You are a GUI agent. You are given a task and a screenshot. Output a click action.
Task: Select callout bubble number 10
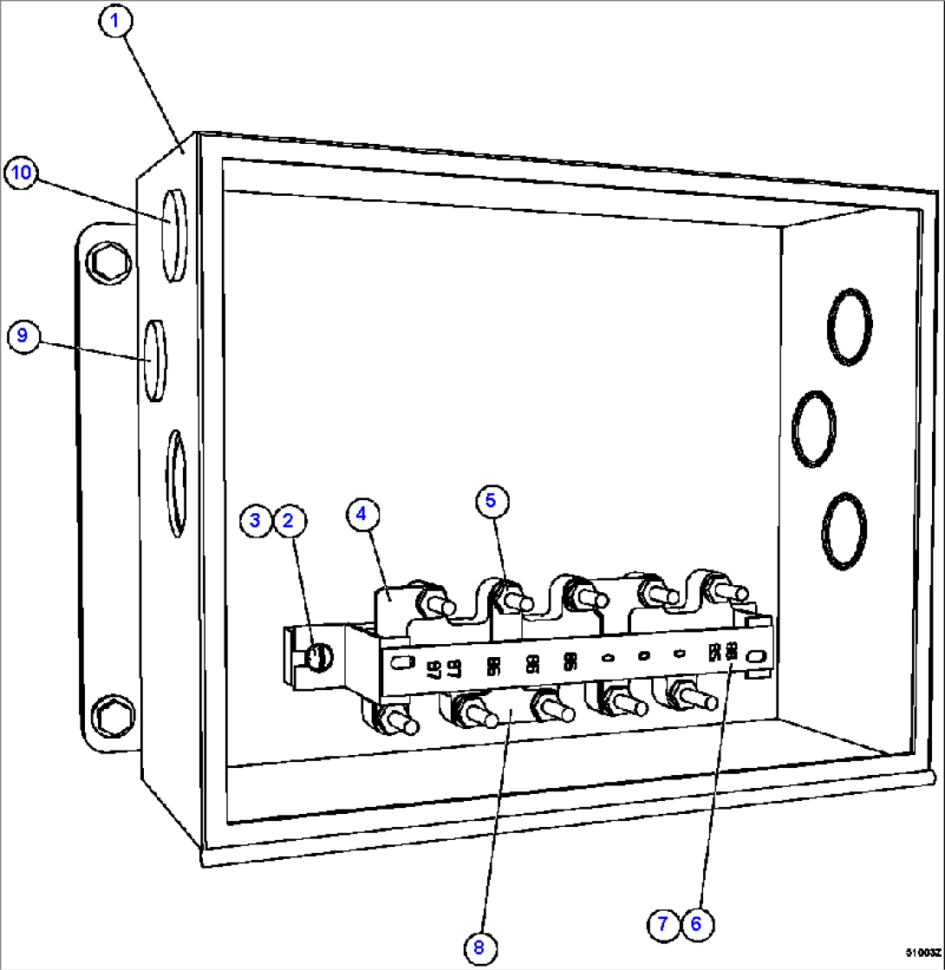(21, 173)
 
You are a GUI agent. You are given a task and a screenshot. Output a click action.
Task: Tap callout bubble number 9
(25, 335)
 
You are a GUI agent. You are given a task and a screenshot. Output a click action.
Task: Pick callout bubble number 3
(256, 520)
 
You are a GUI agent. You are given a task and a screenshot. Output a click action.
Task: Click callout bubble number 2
(290, 520)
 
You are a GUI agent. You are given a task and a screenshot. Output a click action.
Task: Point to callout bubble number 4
(363, 514)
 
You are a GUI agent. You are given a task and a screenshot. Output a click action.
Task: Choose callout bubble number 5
(491, 500)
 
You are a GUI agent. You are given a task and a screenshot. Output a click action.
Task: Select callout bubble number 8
(479, 947)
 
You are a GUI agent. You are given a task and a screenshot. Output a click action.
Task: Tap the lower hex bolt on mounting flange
(108, 715)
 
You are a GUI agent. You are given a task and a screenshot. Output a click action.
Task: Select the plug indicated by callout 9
(153, 361)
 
